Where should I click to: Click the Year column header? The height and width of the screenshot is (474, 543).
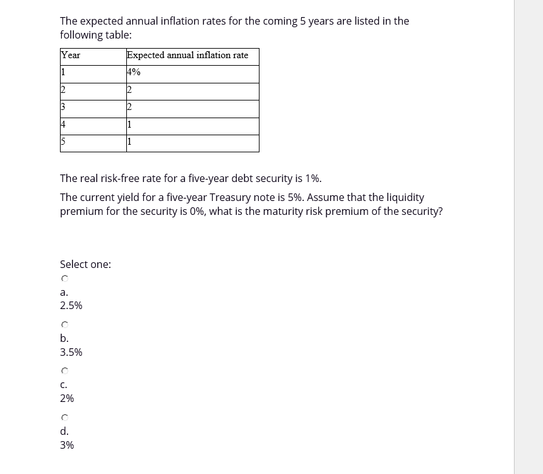pos(71,56)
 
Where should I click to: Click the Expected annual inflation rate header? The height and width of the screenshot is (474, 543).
pos(188,56)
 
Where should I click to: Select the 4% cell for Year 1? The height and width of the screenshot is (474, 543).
pos(134,73)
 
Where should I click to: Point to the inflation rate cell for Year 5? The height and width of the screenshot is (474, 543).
pos(129,142)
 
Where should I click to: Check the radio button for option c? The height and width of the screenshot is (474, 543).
pos(64,371)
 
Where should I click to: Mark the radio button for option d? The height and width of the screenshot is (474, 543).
pos(64,418)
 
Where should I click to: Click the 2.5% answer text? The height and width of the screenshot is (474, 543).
pos(71,306)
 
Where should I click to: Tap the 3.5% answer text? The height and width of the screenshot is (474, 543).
pos(71,352)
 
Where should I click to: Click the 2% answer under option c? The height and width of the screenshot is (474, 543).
pos(67,399)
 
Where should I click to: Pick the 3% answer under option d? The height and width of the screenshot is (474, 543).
pos(67,445)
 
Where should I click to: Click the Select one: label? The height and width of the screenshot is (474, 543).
pos(85,265)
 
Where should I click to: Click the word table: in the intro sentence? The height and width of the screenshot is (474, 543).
pos(118,35)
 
